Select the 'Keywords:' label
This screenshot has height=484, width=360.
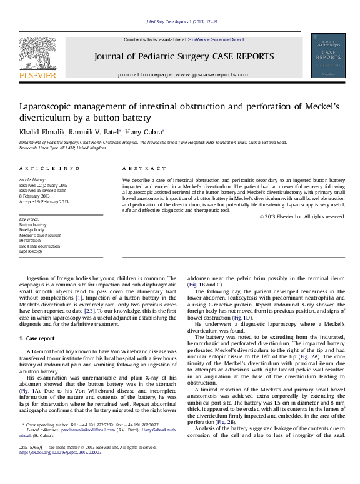29,219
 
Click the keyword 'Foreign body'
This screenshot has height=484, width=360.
32,229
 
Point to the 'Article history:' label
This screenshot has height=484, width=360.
33,179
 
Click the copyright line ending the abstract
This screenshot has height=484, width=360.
302,216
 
